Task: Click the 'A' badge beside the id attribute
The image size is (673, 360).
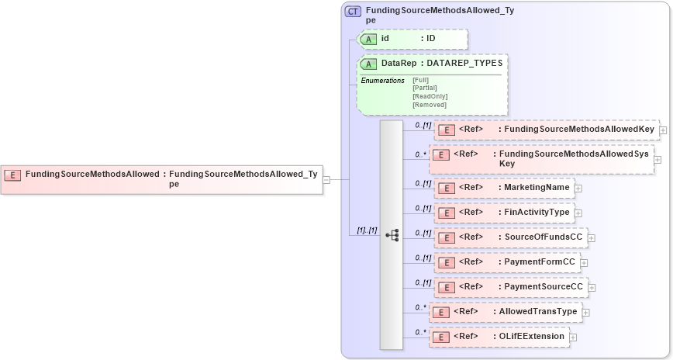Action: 370,39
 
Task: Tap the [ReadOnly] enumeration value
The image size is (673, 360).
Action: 428,96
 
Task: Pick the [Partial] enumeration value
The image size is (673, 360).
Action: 425,88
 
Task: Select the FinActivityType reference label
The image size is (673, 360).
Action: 537,213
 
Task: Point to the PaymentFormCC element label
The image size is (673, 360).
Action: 540,262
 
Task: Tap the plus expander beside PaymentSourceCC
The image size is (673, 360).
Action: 593,288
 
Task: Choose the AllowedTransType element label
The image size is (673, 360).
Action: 538,312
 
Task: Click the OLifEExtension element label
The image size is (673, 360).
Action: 532,337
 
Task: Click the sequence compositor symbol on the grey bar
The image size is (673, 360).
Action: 392,234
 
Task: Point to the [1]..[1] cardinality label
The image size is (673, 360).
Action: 366,230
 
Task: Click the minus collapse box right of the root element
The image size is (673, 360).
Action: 326,179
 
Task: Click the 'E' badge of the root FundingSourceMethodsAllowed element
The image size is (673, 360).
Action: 12,175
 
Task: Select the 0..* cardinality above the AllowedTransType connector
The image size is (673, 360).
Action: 420,307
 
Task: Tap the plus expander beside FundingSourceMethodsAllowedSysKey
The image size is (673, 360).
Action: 657,160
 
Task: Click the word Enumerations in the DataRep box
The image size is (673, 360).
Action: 382,81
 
